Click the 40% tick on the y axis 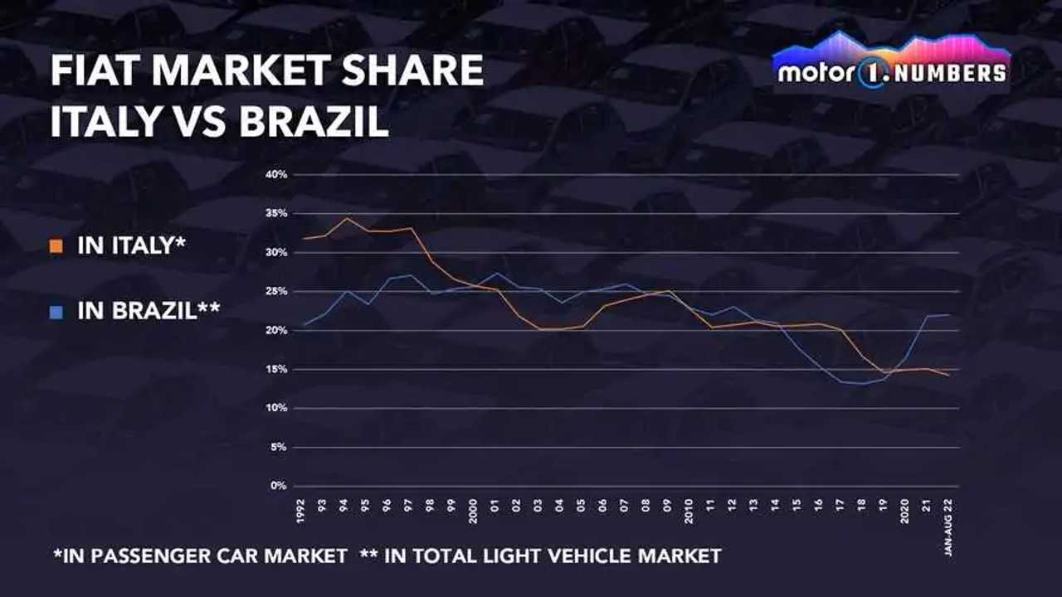coord(277,175)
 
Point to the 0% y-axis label coord(279,486)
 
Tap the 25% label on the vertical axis coord(277,291)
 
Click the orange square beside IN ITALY coord(56,247)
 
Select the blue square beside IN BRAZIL coord(56,313)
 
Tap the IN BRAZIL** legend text coord(149,312)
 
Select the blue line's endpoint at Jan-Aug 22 coord(948,314)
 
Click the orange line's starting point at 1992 coord(304,239)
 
